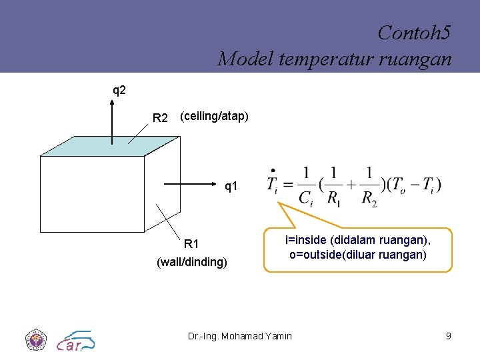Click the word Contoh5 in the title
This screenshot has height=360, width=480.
[x=413, y=32]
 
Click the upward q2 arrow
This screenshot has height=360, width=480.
[x=111, y=120]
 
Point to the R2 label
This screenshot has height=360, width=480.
[x=160, y=118]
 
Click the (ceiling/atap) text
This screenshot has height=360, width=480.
[x=214, y=117]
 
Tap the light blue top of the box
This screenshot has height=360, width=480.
[x=110, y=146]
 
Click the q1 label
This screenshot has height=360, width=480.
[x=231, y=187]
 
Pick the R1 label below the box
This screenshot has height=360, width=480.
[x=191, y=244]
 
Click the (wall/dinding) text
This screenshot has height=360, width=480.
[x=192, y=262]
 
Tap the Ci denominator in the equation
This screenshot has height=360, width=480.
[x=306, y=197]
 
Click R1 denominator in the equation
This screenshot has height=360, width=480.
[x=333, y=197]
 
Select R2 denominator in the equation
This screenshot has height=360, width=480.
[x=369, y=197]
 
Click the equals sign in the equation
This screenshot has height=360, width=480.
[x=287, y=184]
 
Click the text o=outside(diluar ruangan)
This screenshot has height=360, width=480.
[x=358, y=255]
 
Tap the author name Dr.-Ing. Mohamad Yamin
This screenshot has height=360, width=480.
[x=240, y=336]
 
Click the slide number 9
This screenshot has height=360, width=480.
[x=449, y=336]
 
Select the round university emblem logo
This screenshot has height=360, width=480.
[x=35, y=340]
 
